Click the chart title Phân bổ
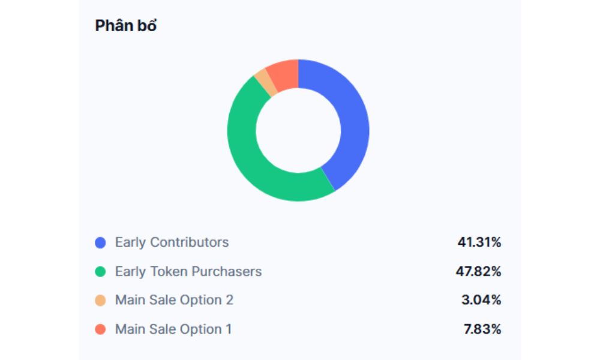[126, 26]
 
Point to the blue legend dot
[101, 243]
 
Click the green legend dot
[101, 272]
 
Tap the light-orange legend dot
[101, 301]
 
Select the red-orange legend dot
[101, 329]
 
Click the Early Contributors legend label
[172, 242]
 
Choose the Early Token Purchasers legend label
[188, 271]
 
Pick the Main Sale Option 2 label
[174, 300]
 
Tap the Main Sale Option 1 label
[173, 329]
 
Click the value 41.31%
[479, 242]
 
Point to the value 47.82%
[478, 271]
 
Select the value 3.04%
[481, 300]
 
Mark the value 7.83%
[481, 329]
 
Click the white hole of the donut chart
[298, 130]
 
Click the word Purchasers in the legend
[226, 271]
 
